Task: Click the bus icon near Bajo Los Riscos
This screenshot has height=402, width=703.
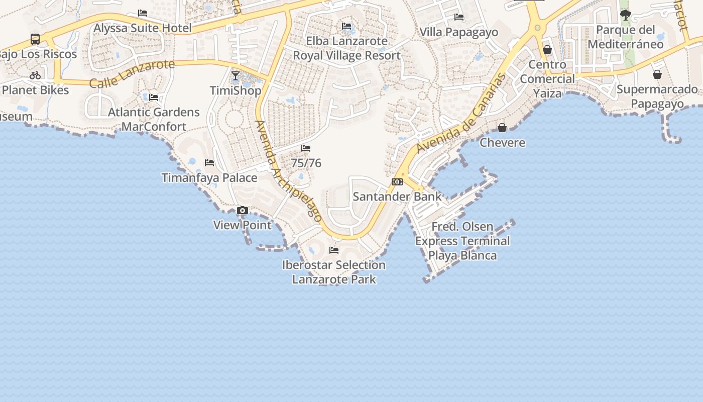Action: coord(35,39)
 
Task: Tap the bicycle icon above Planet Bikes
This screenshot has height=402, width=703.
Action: coord(35,76)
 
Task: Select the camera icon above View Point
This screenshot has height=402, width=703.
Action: coord(243,211)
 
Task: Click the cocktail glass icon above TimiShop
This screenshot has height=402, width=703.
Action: coord(236,76)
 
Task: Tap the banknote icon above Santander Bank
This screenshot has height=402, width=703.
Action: coord(397,182)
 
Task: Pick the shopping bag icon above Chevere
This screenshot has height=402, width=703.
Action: coord(502,128)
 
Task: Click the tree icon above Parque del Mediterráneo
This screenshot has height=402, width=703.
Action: coord(625,15)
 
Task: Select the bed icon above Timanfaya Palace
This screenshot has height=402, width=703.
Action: coord(209,163)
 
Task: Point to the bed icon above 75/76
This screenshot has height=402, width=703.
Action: coord(306,148)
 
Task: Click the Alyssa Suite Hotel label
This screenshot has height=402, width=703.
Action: coord(143,28)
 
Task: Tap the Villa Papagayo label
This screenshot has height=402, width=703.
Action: coord(459,32)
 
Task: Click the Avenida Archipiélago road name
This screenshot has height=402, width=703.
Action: coord(288,171)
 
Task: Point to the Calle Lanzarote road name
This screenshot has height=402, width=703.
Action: coord(132,73)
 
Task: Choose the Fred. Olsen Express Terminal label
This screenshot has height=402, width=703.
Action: coord(462,241)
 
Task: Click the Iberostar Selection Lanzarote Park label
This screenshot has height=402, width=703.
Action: coord(334,272)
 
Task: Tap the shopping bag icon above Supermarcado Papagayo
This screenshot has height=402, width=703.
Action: coord(657,75)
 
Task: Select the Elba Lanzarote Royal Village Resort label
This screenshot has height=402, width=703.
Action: coord(347,48)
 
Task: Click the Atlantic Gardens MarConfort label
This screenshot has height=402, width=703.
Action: coord(154,119)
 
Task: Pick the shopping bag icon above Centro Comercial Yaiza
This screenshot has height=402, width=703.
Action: coord(547,50)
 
